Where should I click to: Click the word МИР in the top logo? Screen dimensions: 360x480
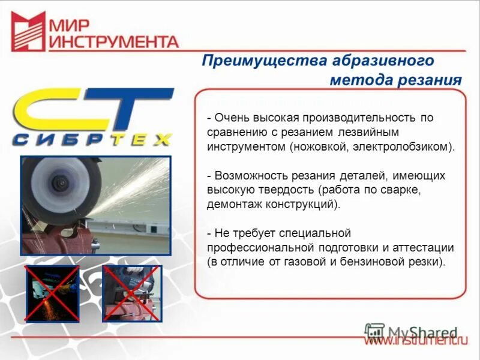(70, 25)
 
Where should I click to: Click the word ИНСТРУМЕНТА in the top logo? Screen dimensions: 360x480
(113, 41)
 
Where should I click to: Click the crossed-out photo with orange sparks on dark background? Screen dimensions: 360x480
(52, 293)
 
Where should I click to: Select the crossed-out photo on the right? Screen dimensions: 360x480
(130, 293)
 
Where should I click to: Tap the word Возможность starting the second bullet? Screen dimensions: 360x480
(246, 176)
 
